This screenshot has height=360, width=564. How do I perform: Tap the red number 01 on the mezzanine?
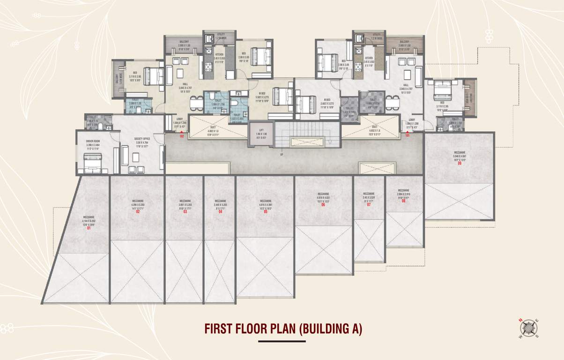[88, 228]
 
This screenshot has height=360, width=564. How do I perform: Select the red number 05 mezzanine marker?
[265, 211]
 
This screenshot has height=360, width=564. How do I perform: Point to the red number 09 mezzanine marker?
[459, 163]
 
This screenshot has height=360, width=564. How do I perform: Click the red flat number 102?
[182, 136]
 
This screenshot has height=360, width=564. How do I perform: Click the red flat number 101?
[408, 136]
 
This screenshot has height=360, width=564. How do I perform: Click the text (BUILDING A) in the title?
[330, 329]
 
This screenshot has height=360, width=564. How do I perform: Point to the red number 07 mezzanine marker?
[369, 205]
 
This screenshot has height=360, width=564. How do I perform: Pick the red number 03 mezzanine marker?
[185, 212]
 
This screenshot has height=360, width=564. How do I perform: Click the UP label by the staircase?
[281, 154]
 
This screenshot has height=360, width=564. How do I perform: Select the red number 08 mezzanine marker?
[403, 201]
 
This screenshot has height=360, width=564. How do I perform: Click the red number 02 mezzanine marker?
[138, 212]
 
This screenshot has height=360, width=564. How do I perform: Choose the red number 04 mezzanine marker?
[220, 212]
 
